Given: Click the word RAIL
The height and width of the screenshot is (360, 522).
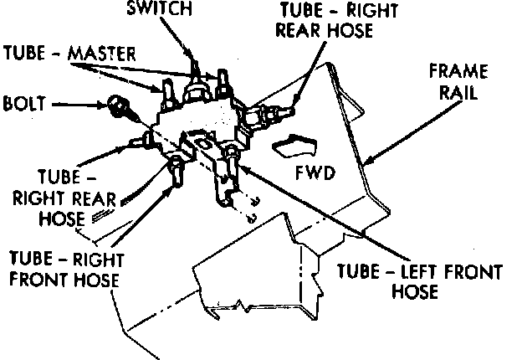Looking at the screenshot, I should (457, 92).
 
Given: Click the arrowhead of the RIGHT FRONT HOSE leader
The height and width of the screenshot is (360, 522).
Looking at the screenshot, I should (171, 182).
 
